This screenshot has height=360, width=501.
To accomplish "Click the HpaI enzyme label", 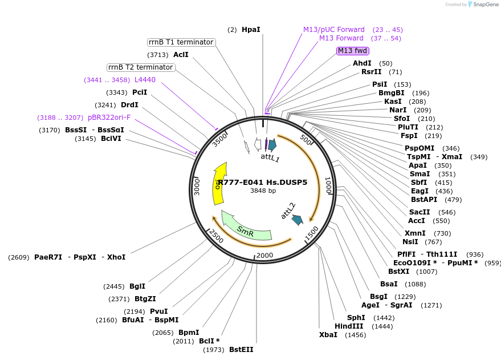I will [x=251, y=29].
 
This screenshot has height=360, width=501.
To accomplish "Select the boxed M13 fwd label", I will [x=352, y=51].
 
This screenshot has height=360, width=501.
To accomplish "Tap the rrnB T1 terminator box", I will [x=181, y=42].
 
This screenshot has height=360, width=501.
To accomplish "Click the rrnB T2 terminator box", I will [x=141, y=67].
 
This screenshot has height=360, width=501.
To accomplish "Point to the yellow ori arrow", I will [x=218, y=183].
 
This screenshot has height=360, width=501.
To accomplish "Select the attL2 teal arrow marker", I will [x=297, y=219].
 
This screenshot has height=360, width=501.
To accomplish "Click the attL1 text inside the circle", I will [x=270, y=157].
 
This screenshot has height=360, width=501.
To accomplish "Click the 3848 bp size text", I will [x=263, y=191].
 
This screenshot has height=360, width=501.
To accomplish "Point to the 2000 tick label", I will [x=265, y=255].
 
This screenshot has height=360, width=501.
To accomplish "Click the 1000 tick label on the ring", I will [x=328, y=185].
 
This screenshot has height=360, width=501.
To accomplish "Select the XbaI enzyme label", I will [x=328, y=335].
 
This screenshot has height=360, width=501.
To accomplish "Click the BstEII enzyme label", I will [x=241, y=349].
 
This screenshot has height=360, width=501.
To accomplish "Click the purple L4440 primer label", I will [x=145, y=80].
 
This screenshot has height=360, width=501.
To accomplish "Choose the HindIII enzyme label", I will [x=349, y=326].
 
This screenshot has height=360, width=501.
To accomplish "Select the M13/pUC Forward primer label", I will [x=334, y=30].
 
